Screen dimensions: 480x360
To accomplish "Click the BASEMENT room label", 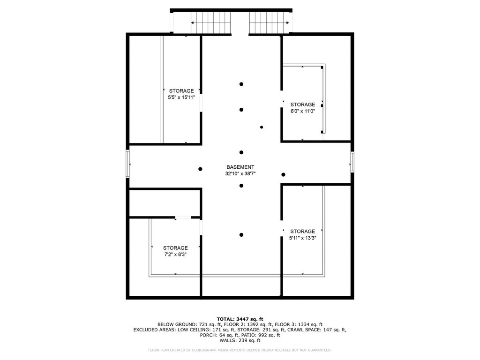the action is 240,167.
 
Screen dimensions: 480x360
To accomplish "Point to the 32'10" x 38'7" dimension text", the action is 240,173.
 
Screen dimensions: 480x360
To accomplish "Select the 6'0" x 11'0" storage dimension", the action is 303,111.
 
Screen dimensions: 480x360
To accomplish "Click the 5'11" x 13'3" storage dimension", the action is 303,238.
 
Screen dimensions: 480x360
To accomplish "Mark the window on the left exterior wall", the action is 127,164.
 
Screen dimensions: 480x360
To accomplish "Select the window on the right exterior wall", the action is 352,162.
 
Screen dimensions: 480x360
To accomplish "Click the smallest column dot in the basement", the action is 262,127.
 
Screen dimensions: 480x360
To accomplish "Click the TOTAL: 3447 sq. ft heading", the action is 240,319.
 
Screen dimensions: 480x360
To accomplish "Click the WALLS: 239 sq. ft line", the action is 240,340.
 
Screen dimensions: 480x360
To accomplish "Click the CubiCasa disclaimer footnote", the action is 240,350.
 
